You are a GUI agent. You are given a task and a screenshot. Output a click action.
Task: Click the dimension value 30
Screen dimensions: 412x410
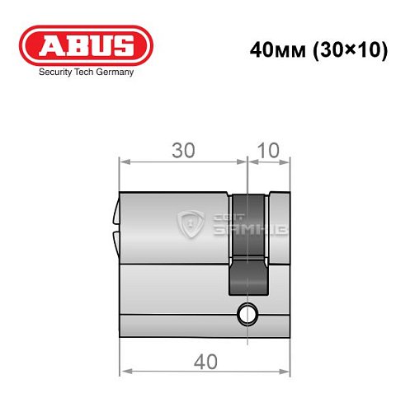[x=183, y=150]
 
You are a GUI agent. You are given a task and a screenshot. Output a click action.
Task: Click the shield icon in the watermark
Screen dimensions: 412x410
[x=191, y=223]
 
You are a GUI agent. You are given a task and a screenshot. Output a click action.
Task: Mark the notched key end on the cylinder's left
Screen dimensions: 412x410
[x=115, y=222]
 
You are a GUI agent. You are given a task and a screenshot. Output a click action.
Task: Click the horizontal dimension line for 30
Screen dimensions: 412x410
[x=183, y=162]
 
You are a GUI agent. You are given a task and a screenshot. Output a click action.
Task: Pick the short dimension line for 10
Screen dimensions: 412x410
[x=270, y=162]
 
